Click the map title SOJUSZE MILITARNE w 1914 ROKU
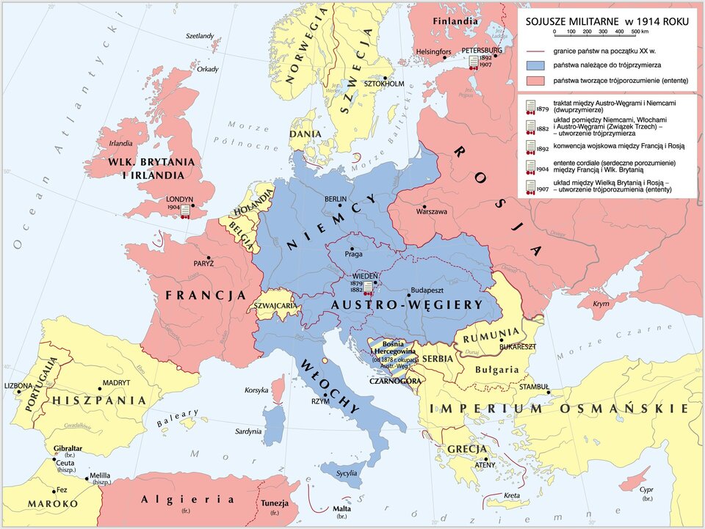pyautogui.click(x=607, y=21)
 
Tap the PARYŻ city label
pyautogui.click(x=203, y=263)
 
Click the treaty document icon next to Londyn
pyautogui.click(x=185, y=211)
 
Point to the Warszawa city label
pyautogui.click(x=432, y=212)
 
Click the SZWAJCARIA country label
pyautogui.click(x=275, y=304)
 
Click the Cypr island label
pyautogui.click(x=646, y=490)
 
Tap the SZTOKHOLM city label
pyautogui.click(x=385, y=84)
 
